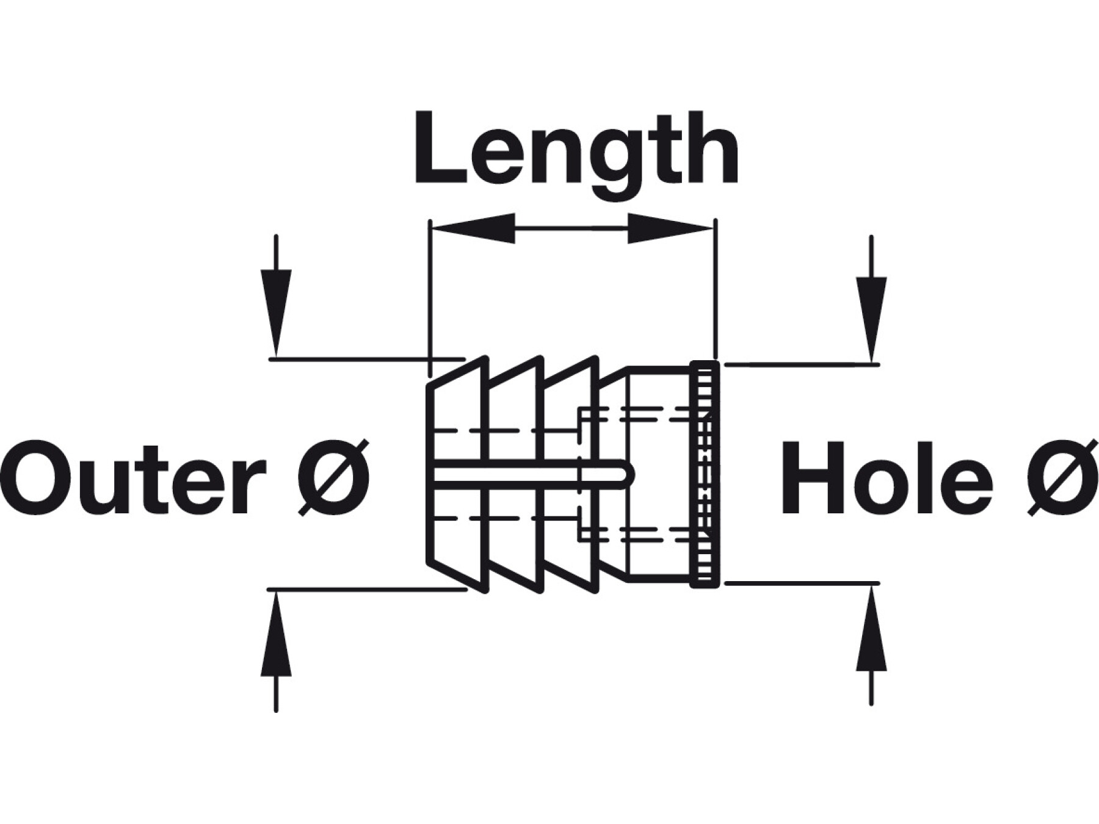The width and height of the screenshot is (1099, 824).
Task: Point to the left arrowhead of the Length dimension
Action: pos(473,228)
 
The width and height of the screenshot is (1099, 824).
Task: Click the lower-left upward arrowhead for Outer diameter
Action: pos(276,635)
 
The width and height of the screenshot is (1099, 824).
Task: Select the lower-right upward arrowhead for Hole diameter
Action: pos(871,632)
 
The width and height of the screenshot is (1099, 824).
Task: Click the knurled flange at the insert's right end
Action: pos(705,474)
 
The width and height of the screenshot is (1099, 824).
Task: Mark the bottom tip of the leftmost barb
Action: pos(486,590)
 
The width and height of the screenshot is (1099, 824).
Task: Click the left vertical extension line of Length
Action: pos(430,293)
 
